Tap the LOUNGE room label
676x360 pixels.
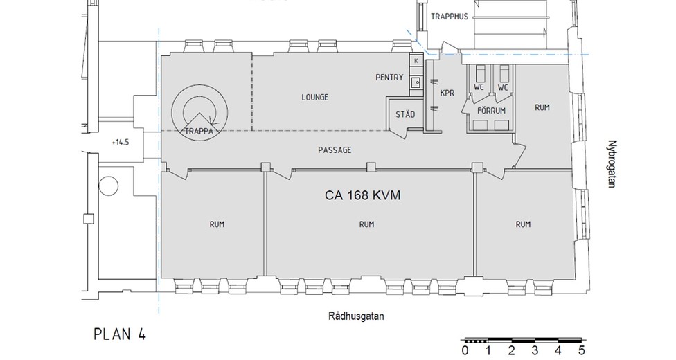pos(314,98)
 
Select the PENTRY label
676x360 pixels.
pos(389,78)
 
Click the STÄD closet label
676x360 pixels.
pos(404,114)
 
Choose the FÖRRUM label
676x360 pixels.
pos(491,111)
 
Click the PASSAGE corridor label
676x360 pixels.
pos(335,150)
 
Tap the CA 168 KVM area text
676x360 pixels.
pos(364,196)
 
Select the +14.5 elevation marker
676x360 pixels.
pos(121,142)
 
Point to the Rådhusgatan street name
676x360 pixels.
pos(356,316)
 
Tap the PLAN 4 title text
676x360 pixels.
pos(119,334)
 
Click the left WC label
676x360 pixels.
pos(479,88)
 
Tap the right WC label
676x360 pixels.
pos(503,88)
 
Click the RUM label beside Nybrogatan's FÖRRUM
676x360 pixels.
pos(542,108)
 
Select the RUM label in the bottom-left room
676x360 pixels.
pos(217,224)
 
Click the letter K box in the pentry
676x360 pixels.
pos(416,61)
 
